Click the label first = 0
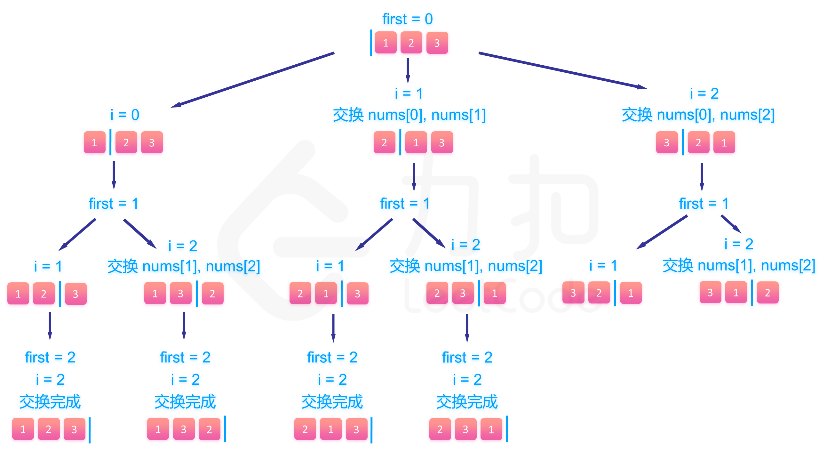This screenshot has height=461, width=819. tap(407, 19)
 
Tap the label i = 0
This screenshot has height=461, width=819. tap(125, 115)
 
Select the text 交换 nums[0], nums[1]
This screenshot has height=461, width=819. tap(409, 115)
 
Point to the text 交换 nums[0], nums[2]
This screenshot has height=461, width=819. tap(698, 115)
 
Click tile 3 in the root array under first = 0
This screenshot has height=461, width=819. tap(437, 43)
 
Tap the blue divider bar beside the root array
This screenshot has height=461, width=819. tap(371, 43)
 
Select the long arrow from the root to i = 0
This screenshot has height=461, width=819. tap(253, 80)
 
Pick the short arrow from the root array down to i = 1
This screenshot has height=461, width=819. tap(408, 70)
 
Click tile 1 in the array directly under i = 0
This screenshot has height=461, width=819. tap(94, 142)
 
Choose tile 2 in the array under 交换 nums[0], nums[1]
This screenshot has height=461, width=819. tap(384, 142)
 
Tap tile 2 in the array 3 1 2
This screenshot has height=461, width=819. tap(767, 293)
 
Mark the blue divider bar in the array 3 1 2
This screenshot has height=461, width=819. tap(751, 293)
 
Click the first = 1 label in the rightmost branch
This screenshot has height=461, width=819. tap(704, 204)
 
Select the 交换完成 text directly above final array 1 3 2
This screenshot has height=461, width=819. tap(185, 402)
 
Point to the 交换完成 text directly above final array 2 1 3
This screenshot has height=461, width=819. tap(332, 402)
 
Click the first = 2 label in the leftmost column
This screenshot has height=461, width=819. tap(50, 357)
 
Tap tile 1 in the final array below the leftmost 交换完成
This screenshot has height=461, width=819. tap(23, 429)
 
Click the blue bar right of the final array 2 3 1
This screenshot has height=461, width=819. tap(507, 429)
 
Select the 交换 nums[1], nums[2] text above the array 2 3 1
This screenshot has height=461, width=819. tap(466, 266)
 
